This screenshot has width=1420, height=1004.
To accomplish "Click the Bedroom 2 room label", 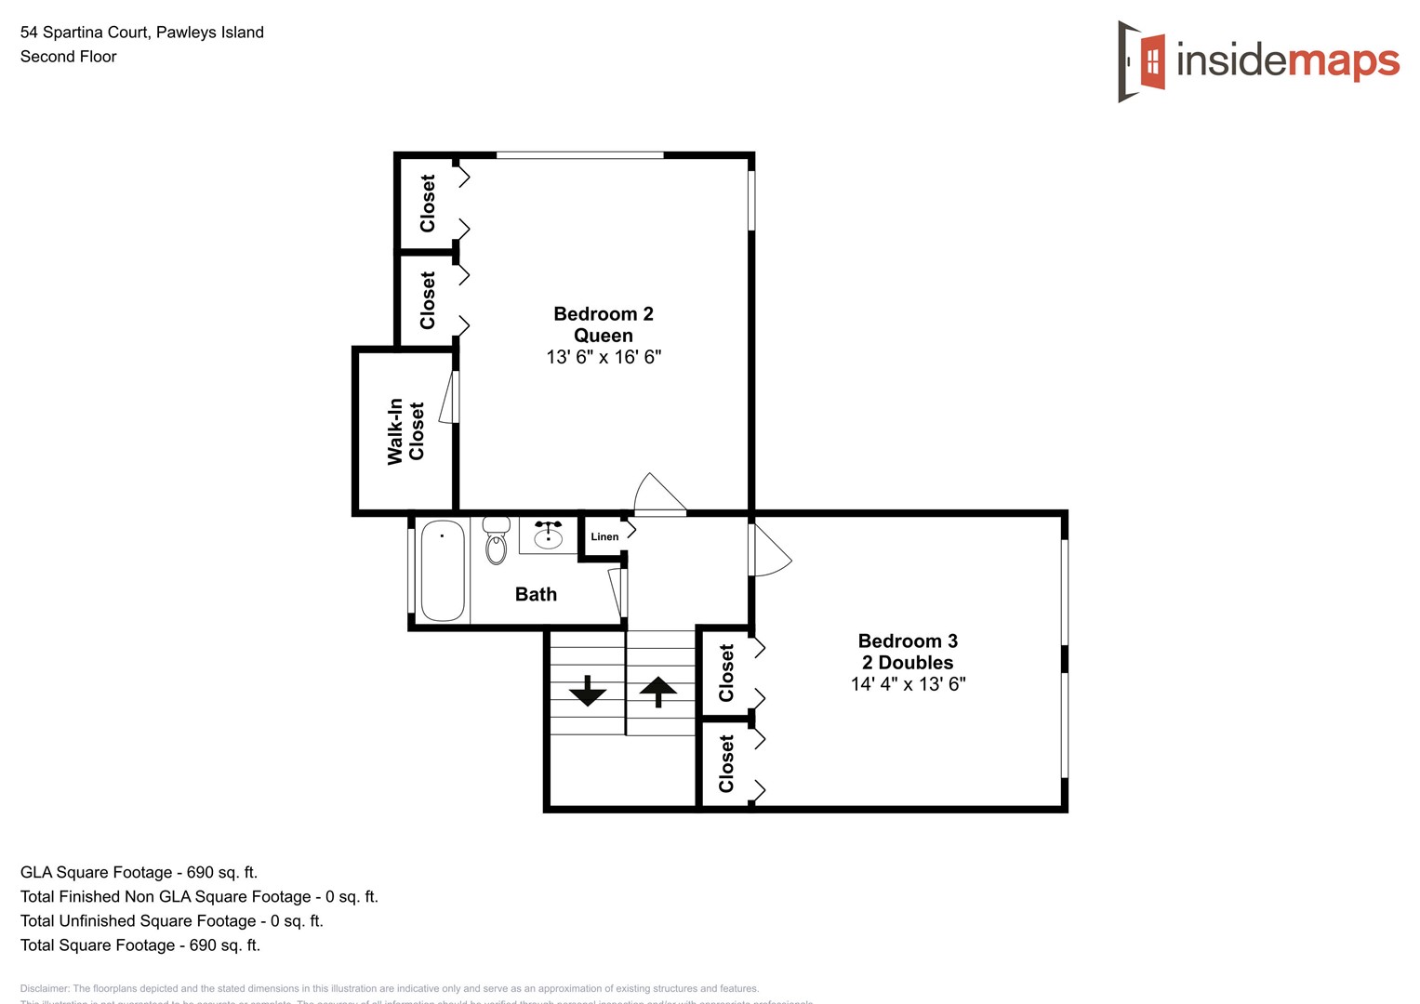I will (603, 314).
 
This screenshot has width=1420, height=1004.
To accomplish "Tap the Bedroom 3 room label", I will (908, 641).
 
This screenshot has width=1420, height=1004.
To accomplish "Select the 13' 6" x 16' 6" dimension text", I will (604, 357).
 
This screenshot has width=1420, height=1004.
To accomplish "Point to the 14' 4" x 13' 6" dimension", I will (908, 684).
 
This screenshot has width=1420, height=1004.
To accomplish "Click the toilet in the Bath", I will (497, 541).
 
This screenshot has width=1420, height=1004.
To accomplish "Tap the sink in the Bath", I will (548, 535).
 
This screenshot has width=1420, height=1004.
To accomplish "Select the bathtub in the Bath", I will (443, 571).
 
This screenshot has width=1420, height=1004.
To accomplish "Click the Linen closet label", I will (604, 536).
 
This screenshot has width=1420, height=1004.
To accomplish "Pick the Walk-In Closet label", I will (405, 431).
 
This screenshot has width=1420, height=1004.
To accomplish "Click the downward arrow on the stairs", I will (588, 691).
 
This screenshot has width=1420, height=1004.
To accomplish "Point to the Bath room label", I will (536, 595).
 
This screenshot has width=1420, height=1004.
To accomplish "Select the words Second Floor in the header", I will (69, 57).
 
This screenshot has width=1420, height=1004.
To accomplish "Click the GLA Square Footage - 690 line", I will (139, 872).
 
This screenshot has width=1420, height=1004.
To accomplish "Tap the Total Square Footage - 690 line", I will (140, 945).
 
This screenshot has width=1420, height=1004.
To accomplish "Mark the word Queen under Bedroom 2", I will (603, 336).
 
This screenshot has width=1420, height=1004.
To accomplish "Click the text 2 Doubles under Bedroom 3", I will (908, 663).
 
